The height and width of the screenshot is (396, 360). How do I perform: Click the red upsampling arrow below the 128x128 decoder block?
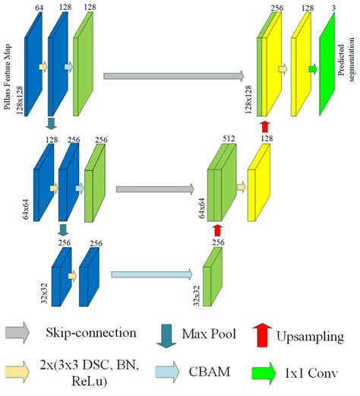click(x=264, y=125)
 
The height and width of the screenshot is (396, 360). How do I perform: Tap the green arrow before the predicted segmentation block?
click(x=312, y=69)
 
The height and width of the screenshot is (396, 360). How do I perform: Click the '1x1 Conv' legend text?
click(x=314, y=373)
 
